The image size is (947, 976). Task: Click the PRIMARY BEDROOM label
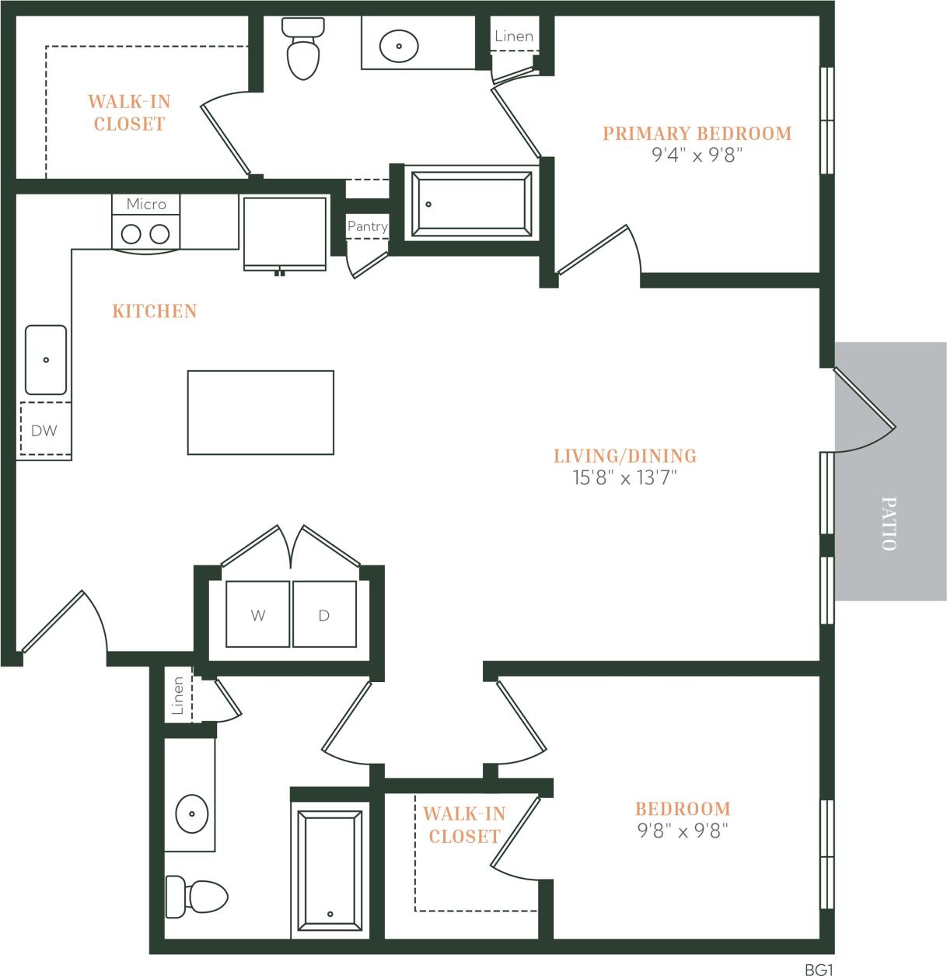coord(697,134)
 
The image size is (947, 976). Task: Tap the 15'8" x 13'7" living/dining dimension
coord(625,478)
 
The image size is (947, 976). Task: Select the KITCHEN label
coord(155,311)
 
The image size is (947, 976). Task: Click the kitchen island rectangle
coord(260,412)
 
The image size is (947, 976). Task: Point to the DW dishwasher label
coord(44,431)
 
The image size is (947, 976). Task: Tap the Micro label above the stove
coord(146,204)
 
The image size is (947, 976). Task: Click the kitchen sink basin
coord(46,360)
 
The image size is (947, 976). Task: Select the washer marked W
coord(258,614)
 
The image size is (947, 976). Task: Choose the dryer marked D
coord(324,614)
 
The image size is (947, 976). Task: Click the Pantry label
coord(367,226)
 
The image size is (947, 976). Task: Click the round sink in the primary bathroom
coord(399,46)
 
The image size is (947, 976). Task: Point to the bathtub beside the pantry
coord(472,204)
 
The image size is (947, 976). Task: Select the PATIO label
coord(889,523)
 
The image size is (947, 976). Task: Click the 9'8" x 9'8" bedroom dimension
coord(683,831)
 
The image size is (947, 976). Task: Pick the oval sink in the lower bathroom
coord(191,813)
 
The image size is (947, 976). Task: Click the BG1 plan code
coord(819,970)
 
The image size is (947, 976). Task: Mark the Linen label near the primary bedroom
coord(514,36)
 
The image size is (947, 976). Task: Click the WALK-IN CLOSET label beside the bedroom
coord(464,825)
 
